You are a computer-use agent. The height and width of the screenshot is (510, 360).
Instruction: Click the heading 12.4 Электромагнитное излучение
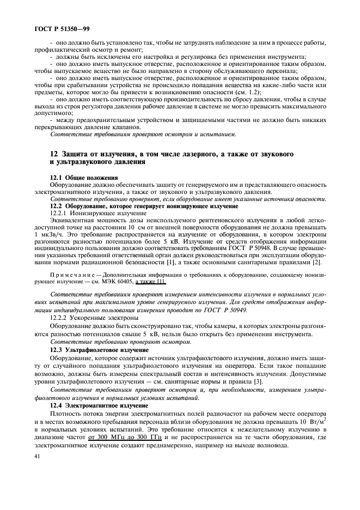click(x=99, y=406)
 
